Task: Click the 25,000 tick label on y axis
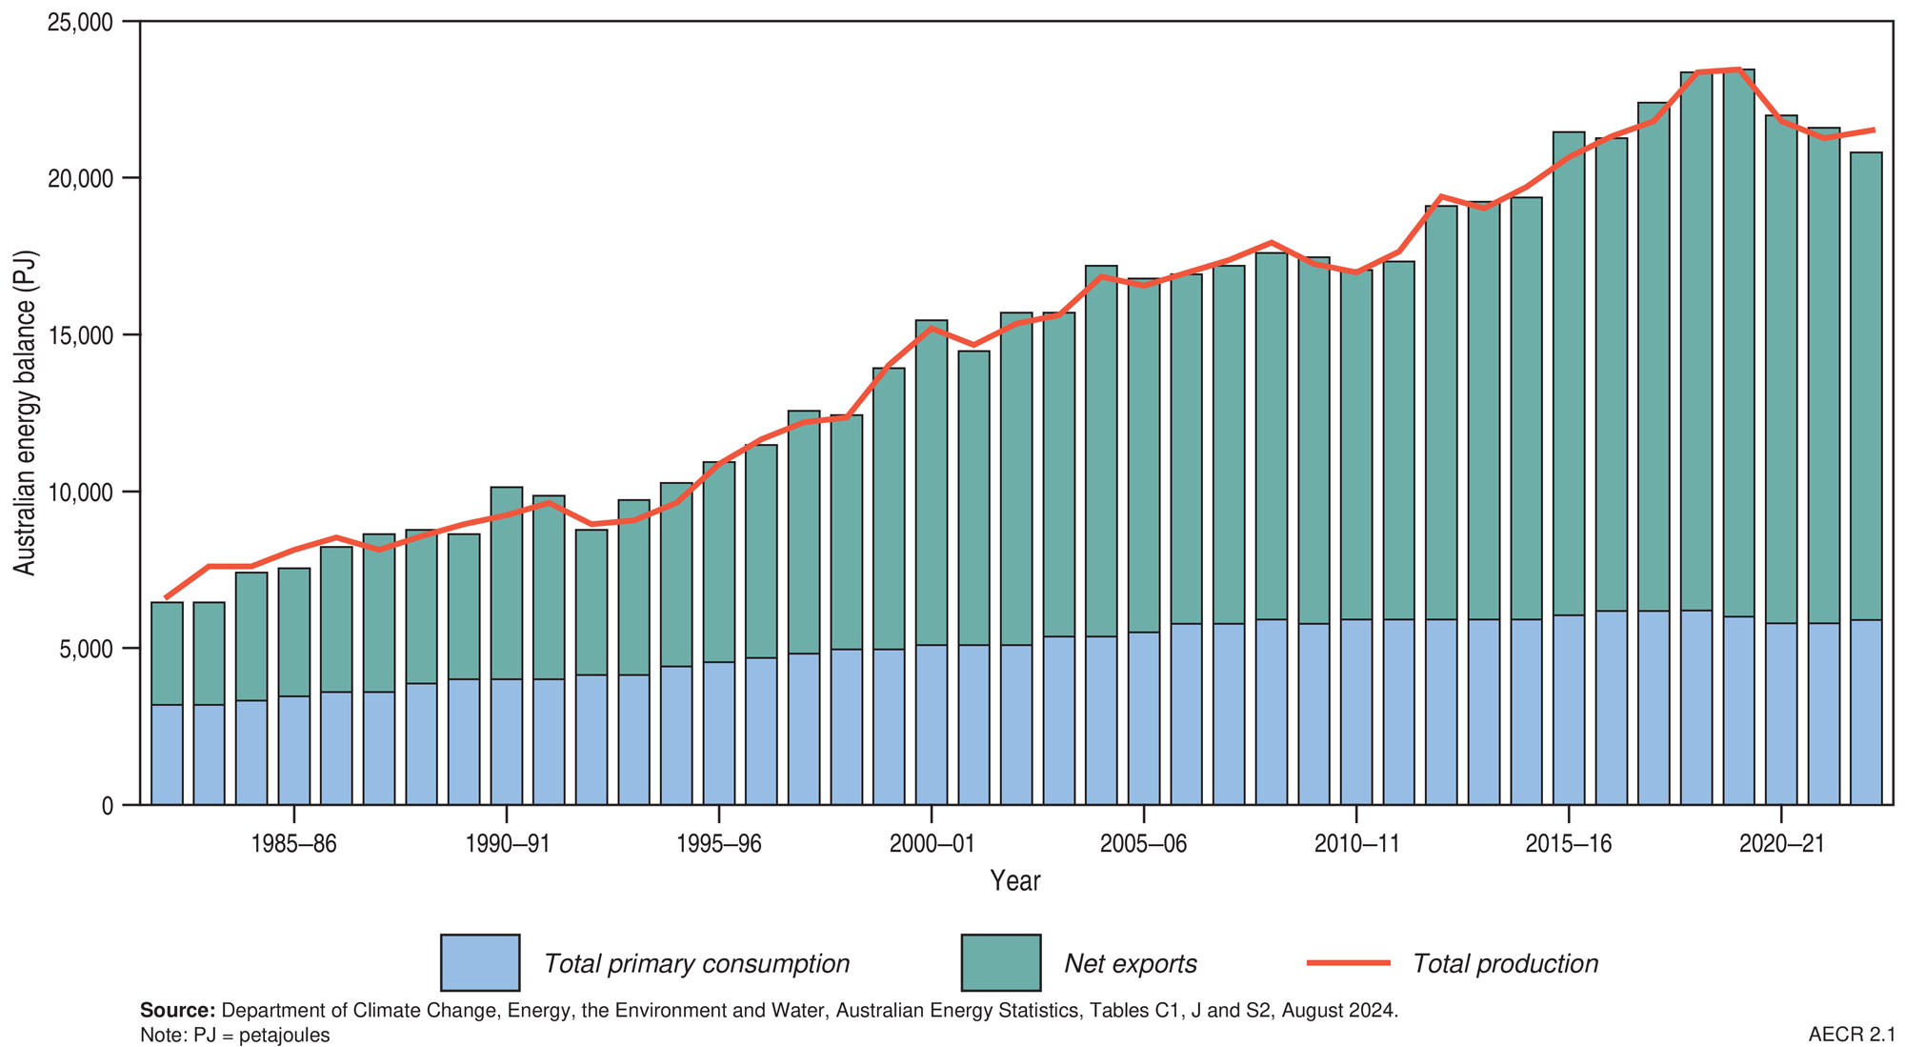click(x=80, y=22)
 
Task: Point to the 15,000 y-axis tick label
click(x=80, y=335)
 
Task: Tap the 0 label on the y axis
click(x=106, y=806)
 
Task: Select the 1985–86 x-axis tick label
click(x=294, y=845)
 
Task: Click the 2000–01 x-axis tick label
click(x=931, y=845)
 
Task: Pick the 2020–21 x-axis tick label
click(x=1780, y=845)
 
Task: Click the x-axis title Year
click(x=1014, y=881)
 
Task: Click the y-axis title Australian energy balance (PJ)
click(x=26, y=413)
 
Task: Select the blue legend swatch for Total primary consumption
click(x=480, y=963)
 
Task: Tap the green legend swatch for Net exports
click(x=1000, y=963)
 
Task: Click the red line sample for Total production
click(x=1349, y=963)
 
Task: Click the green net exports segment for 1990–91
click(x=507, y=583)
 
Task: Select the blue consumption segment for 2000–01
click(x=931, y=724)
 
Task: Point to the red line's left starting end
click(x=167, y=597)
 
